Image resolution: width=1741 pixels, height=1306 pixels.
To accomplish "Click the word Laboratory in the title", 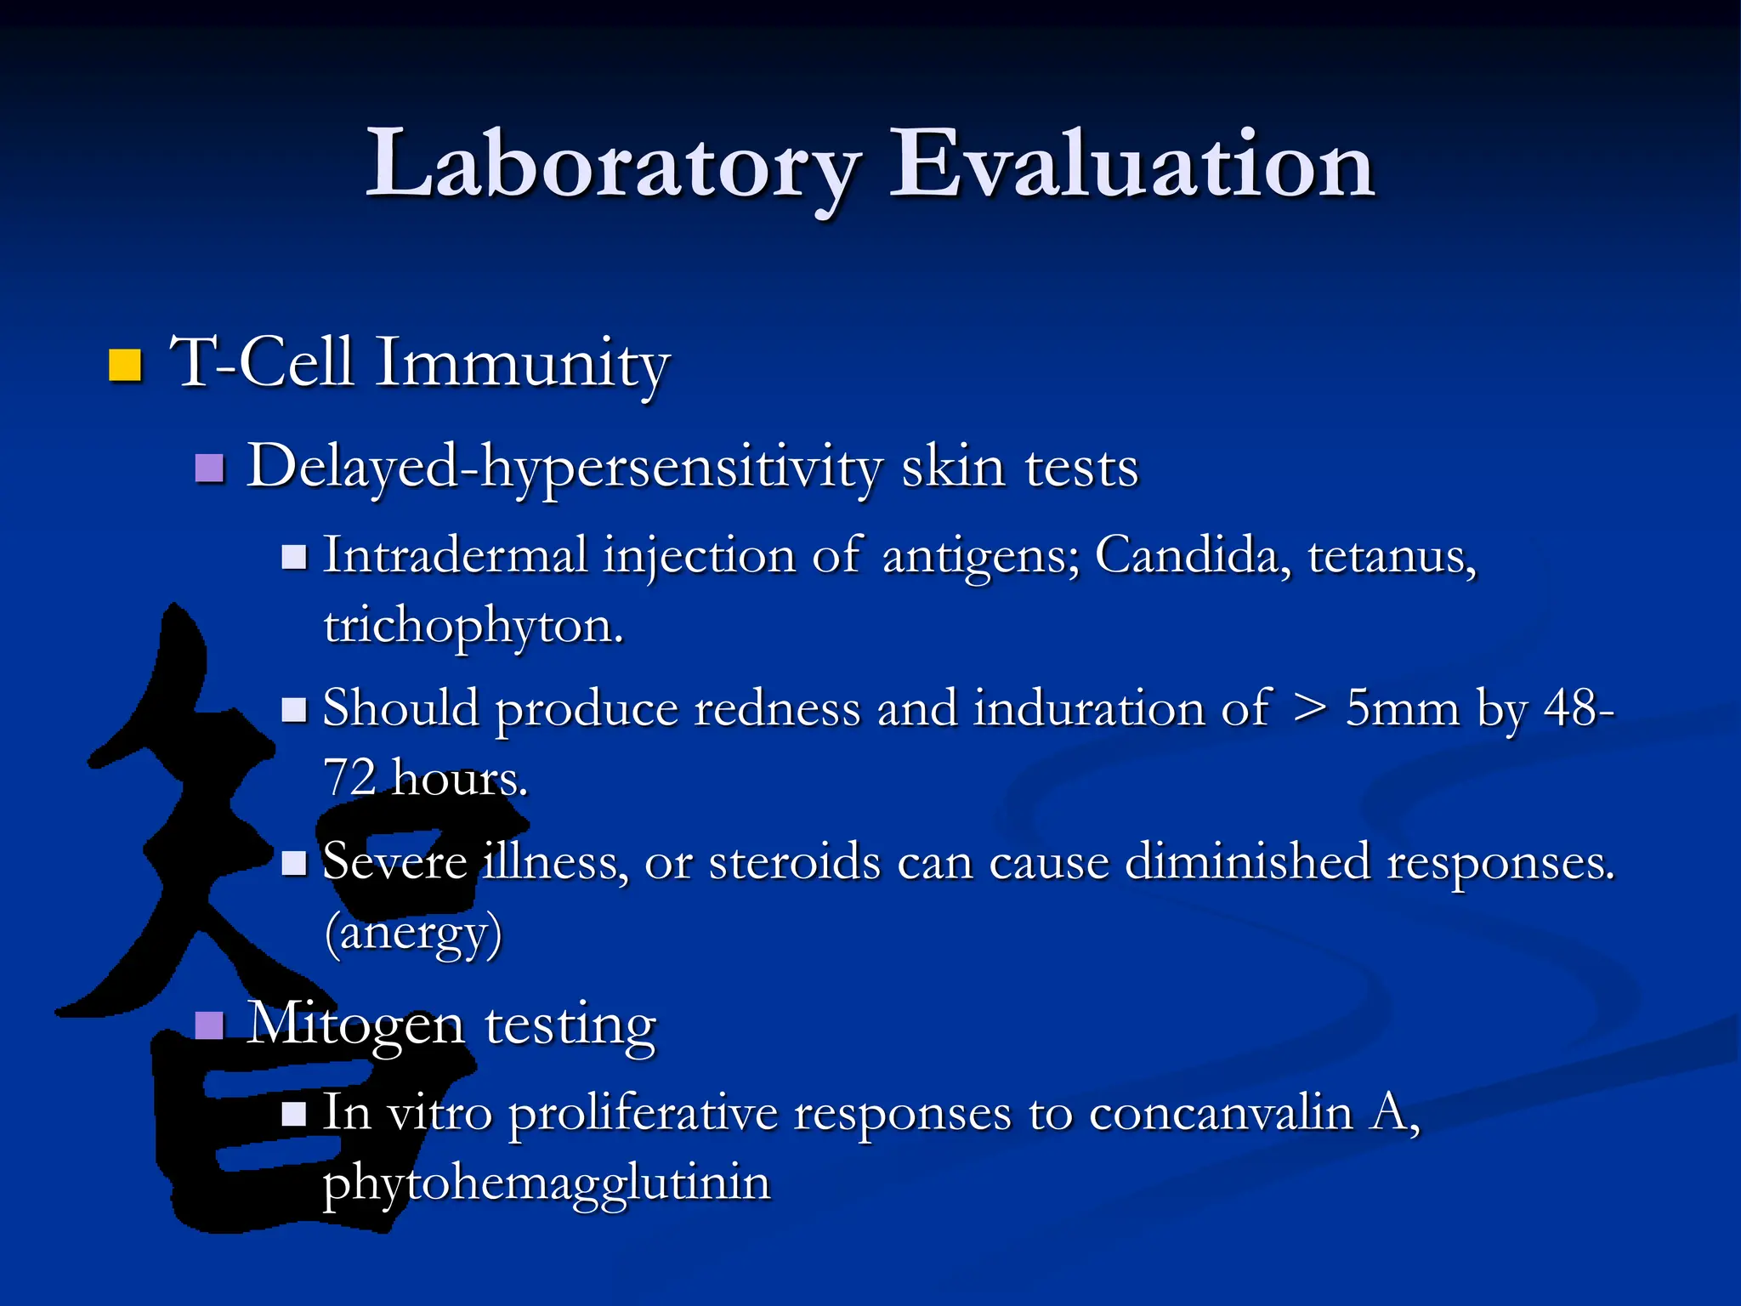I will point(612,166).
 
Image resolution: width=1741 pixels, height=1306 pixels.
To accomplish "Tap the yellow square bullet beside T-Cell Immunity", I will point(125,365).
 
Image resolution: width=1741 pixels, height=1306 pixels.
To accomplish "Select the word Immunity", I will point(522,364).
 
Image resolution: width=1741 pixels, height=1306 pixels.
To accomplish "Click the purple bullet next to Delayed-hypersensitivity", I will point(209,468).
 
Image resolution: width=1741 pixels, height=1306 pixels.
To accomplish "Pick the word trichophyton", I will point(473,626).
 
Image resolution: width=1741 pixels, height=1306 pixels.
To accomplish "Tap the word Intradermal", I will point(456,556).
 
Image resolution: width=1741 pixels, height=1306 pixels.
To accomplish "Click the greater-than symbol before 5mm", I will point(1308,708).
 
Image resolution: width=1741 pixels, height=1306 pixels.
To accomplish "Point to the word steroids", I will point(794,862).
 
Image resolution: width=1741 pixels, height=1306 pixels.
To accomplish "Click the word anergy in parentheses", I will point(414,933).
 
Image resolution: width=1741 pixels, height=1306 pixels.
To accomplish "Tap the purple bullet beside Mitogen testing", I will point(209,1025).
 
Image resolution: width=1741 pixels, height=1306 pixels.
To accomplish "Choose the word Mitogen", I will point(356,1025).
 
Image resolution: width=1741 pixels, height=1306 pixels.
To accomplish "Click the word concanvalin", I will point(1221,1113).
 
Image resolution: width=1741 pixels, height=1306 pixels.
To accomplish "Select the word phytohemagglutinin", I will point(547,1183).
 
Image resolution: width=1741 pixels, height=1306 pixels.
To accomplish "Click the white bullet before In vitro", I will point(293,1113).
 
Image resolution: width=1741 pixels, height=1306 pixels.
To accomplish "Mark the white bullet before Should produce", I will point(293,709).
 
